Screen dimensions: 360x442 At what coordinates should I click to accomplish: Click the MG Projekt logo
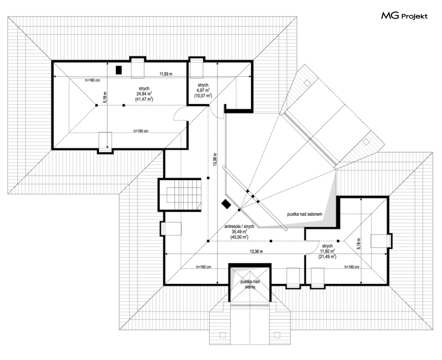coord(404,16)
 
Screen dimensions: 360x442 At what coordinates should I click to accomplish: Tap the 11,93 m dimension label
coord(166,73)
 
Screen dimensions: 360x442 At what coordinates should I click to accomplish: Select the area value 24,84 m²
coord(144,94)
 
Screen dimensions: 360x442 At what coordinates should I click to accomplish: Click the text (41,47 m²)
coord(144,99)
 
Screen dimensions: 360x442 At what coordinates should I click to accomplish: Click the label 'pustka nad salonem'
coord(304,214)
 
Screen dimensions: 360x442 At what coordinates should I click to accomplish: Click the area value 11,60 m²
coord(327,251)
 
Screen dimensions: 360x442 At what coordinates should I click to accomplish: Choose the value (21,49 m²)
coord(327,257)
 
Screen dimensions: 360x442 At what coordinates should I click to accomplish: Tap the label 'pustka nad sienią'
coord(250,284)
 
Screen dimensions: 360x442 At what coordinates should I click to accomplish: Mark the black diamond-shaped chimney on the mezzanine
coord(226,204)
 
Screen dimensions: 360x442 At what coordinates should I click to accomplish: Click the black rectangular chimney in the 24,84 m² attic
coord(119,70)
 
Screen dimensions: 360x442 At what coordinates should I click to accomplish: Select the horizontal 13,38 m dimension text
coord(256,251)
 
